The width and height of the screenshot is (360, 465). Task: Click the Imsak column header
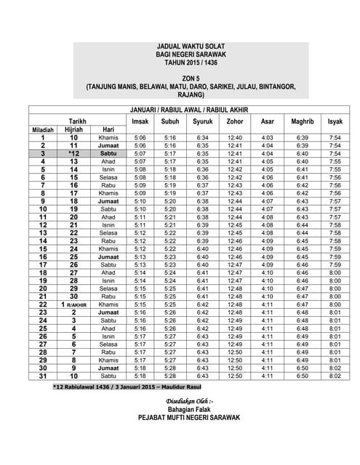pos(140,121)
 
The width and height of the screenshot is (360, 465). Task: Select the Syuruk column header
pos(202,121)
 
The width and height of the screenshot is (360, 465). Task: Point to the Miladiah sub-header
pos(43,129)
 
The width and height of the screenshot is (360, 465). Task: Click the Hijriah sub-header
pos(74,129)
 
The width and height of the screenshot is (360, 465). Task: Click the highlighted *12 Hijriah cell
pos(73,154)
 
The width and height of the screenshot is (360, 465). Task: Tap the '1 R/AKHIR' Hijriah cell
pos(73,304)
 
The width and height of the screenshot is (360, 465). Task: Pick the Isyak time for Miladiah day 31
pos(335,376)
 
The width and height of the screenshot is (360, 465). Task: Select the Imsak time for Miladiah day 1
pos(140,137)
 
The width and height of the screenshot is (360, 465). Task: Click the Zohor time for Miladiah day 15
pos(235,248)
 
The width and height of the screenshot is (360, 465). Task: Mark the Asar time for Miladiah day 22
pos(267,304)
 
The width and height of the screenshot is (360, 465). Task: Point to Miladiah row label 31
pos(43,376)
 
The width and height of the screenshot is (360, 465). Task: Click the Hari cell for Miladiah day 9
pos(108,201)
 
